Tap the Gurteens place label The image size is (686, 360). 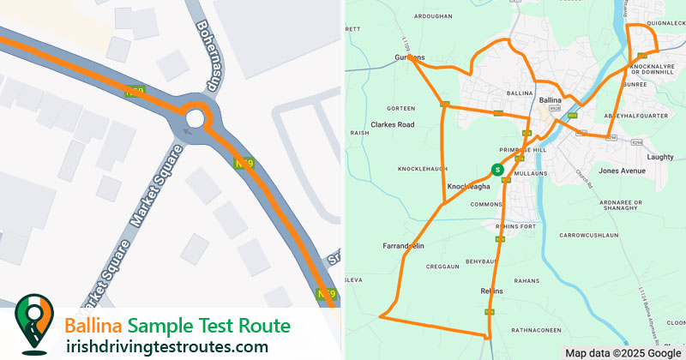409,57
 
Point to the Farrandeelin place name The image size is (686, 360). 403,246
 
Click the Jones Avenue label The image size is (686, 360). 622,171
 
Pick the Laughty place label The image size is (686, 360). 660,157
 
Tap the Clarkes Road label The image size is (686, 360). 394,124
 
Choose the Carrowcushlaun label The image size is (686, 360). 588,234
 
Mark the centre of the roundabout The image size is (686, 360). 196,119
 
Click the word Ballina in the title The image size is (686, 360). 93,327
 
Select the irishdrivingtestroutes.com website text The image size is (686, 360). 167,346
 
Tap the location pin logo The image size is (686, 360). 33,324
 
